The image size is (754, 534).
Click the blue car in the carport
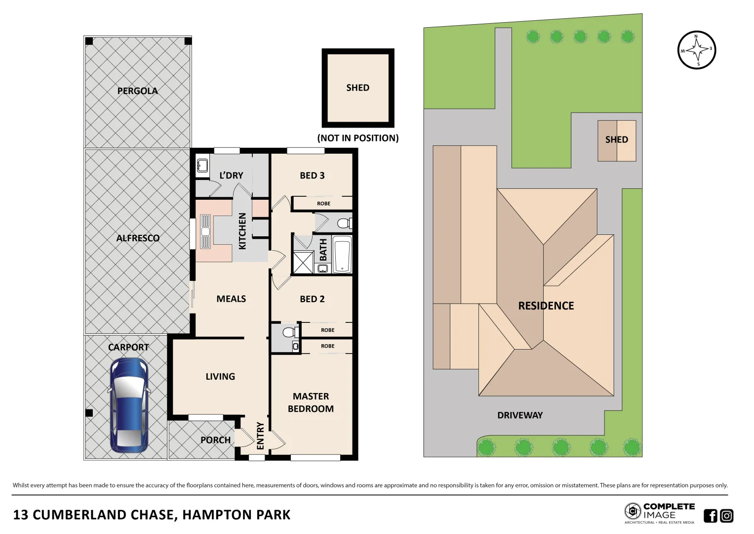(128, 405)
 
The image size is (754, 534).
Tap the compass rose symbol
(697, 50)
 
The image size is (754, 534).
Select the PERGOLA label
(137, 91)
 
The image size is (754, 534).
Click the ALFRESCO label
(138, 238)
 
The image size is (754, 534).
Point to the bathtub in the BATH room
(342, 255)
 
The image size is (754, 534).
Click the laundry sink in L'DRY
(202, 165)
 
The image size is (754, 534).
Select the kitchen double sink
(205, 231)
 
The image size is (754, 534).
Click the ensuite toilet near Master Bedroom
(288, 332)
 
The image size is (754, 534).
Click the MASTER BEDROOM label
(311, 402)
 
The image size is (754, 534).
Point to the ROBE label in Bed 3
(323, 204)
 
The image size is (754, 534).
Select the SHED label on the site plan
(616, 140)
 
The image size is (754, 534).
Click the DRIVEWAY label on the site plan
(519, 415)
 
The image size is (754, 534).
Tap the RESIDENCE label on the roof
(546, 306)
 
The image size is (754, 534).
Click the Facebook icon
(710, 516)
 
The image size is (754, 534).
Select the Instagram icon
(726, 516)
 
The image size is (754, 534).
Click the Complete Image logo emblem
(633, 511)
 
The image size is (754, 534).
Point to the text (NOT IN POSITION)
(357, 138)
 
